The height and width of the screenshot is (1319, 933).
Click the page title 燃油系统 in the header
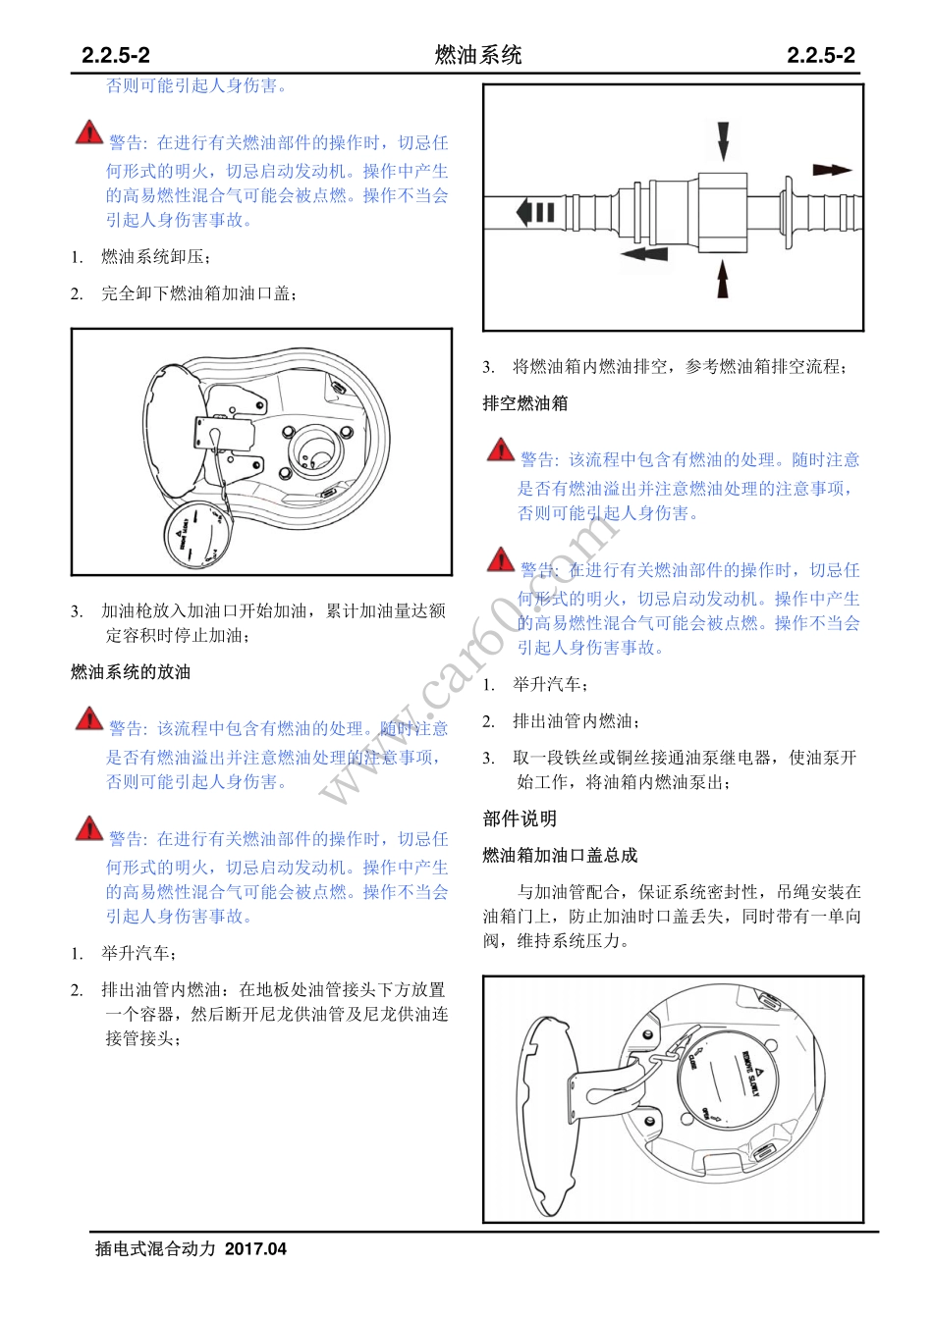pyautogui.click(x=478, y=55)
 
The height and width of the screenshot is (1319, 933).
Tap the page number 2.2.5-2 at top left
pyautogui.click(x=116, y=56)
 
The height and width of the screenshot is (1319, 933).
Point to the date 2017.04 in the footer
pyautogui.click(x=255, y=1249)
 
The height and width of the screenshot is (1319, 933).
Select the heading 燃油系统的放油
pyautogui.click(x=131, y=672)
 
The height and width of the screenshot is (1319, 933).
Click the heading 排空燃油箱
pyautogui.click(x=524, y=403)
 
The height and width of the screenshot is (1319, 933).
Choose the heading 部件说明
pyautogui.click(x=520, y=818)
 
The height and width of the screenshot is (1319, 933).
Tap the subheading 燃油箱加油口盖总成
pyautogui.click(x=560, y=856)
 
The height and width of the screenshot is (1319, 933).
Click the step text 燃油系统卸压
pyautogui.click(x=155, y=257)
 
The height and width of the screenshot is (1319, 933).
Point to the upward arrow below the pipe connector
pyautogui.click(x=724, y=280)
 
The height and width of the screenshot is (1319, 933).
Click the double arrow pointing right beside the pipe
pyautogui.click(x=833, y=170)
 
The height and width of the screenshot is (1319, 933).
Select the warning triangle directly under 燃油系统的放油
pyautogui.click(x=89, y=719)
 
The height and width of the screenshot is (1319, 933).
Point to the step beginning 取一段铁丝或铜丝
pyautogui.click(x=685, y=769)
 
